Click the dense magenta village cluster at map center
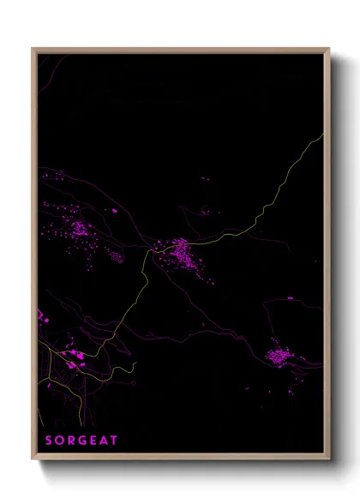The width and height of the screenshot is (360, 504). [181, 252]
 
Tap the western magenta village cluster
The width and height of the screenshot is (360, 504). [79, 229]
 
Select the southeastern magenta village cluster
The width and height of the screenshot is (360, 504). [279, 354]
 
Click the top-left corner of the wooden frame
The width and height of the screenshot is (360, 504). [33, 49]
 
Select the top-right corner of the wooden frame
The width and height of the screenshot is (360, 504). [329, 49]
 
